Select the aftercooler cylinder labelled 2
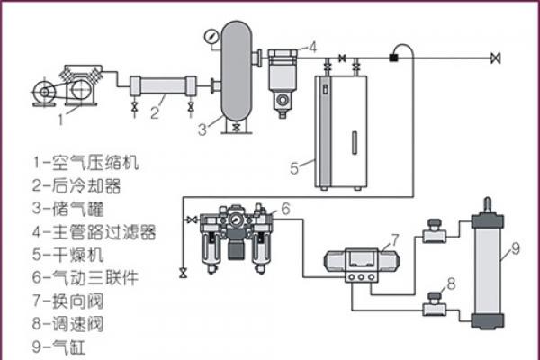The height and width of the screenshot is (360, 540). (162, 88)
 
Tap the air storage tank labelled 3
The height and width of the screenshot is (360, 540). (236, 72)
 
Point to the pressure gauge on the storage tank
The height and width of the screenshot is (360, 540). (210, 37)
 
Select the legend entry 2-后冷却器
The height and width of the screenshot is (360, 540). (76, 186)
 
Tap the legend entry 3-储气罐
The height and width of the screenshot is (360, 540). (68, 209)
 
